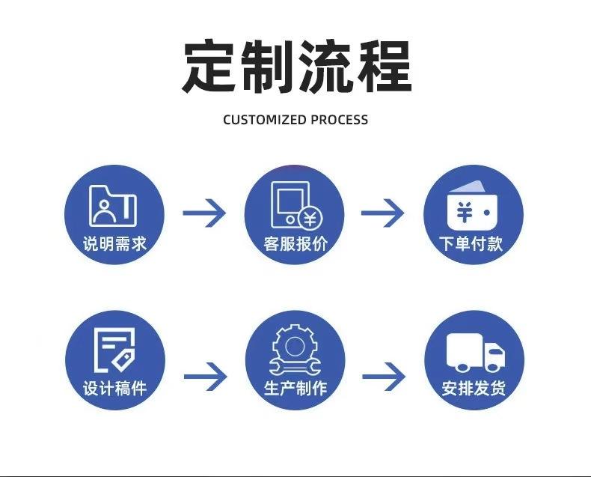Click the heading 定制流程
(296, 67)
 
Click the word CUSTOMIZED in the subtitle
(265, 120)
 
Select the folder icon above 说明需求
(113, 205)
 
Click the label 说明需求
(114, 244)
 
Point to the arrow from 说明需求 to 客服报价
(204, 213)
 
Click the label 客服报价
(295, 244)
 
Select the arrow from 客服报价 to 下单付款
(383, 213)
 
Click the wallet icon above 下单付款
(473, 207)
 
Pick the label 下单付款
(473, 244)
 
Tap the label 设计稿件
(114, 389)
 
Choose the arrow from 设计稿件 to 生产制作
(205, 376)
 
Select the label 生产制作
(295, 389)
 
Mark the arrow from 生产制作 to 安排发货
(383, 376)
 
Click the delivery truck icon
(474, 352)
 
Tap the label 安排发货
(474, 389)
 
